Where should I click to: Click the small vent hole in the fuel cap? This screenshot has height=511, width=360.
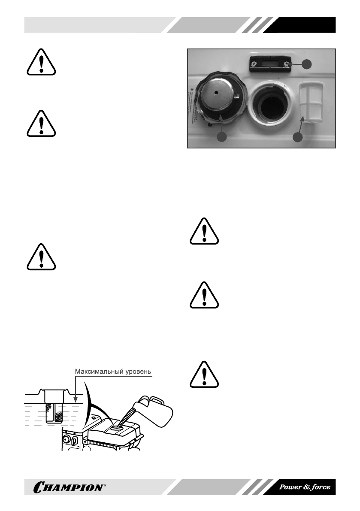coord(217,92)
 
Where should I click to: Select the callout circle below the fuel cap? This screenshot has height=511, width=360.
coord(221,137)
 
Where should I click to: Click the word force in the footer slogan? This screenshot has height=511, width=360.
coord(319,487)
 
